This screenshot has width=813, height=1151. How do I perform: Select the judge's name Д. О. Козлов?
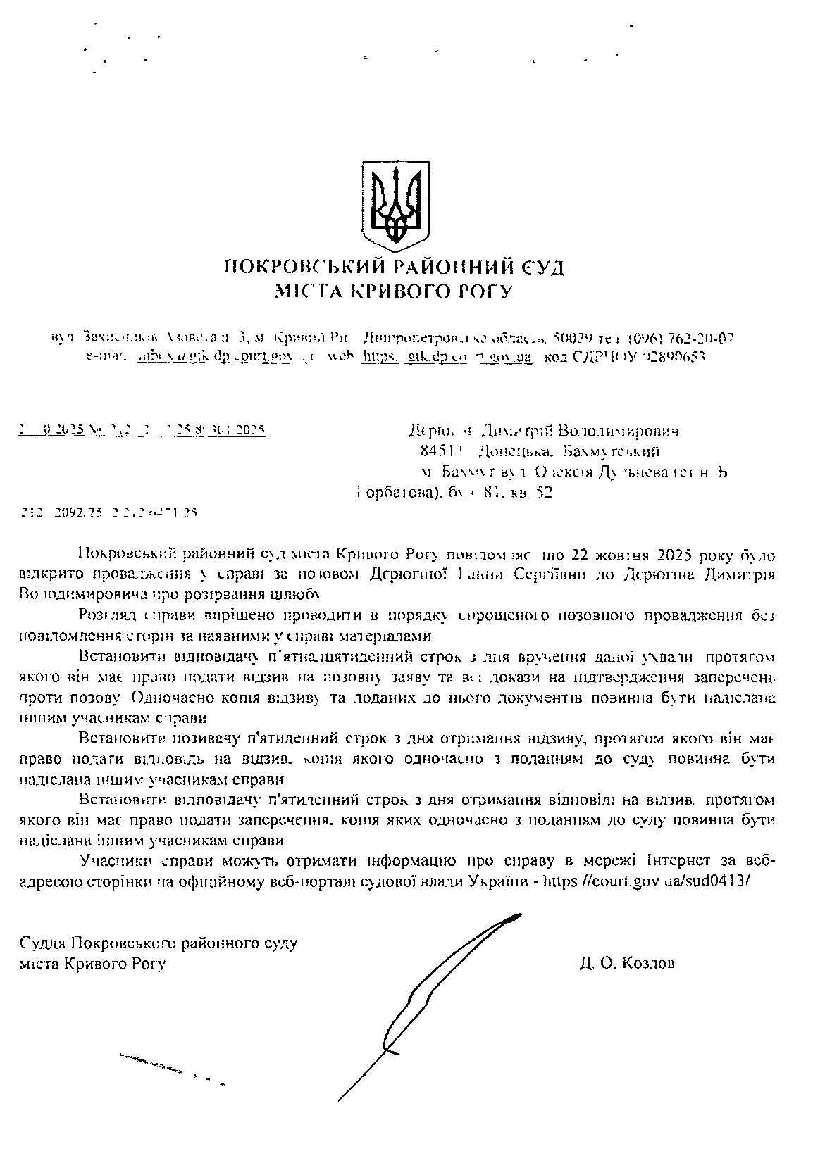coord(627,963)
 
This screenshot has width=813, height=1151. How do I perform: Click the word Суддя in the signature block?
coord(44,943)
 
